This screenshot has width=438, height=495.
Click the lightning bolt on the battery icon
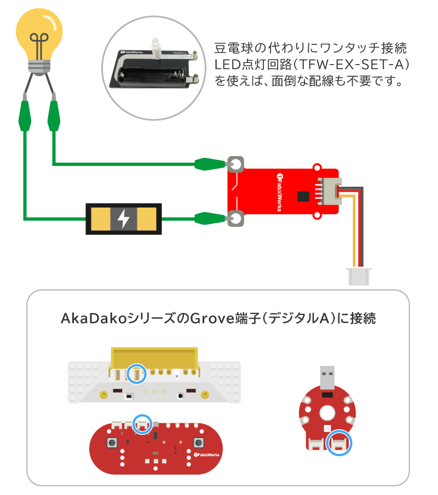pyautogui.click(x=124, y=219)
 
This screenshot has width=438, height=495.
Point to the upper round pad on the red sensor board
pyautogui.click(x=235, y=164)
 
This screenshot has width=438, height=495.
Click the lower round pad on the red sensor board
pyautogui.click(x=235, y=219)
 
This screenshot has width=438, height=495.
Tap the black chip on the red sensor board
pyautogui.click(x=302, y=196)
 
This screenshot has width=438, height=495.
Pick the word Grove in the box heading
pyautogui.click(x=211, y=318)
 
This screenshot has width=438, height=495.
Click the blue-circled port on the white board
pyautogui.click(x=136, y=375)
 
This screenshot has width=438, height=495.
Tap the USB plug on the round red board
pyautogui.click(x=327, y=377)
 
